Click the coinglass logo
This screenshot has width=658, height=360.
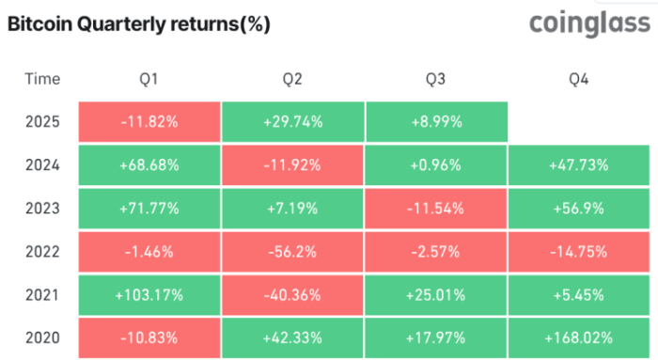coord(589,23)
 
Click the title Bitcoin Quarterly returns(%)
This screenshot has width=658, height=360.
coord(138,25)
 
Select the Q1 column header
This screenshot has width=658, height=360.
coord(149,80)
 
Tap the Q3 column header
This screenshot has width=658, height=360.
coord(435,80)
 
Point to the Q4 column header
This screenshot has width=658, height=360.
coord(579,80)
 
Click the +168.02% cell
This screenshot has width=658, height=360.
coord(579,338)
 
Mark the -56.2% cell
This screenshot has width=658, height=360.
coord(292,253)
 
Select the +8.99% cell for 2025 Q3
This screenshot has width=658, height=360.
coord(435,121)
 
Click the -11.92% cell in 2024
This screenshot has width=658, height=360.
coord(292,164)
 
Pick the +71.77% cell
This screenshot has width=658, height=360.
coord(149,209)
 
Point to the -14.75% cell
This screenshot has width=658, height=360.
coord(579,253)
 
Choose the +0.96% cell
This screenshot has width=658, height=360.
coord(435,164)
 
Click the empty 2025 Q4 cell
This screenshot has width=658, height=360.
coord(579,121)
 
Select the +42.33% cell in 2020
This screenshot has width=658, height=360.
coord(292,338)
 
